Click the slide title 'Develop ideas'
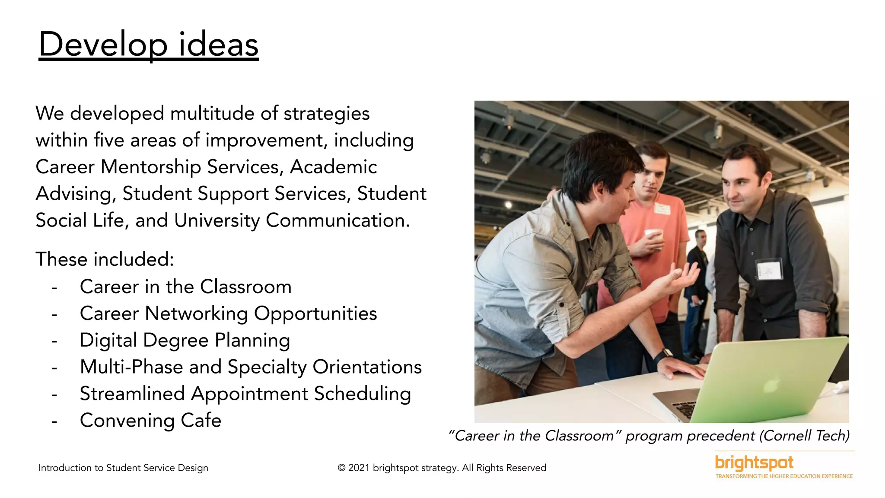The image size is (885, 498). point(148,45)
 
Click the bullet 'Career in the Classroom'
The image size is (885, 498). point(185,287)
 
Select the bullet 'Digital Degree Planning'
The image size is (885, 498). point(185,340)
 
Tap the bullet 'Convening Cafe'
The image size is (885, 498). point(150,420)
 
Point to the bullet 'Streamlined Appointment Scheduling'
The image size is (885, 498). point(245,393)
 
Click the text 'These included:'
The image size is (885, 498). point(105,259)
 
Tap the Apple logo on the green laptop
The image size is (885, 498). point(770,385)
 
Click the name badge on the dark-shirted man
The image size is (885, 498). point(769,270)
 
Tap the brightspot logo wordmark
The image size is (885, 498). point(754,463)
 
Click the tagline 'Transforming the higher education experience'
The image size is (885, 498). point(784,476)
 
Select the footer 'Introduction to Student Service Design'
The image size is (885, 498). point(123,468)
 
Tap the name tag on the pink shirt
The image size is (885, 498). point(662,209)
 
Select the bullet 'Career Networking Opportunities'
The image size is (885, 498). point(228,313)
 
